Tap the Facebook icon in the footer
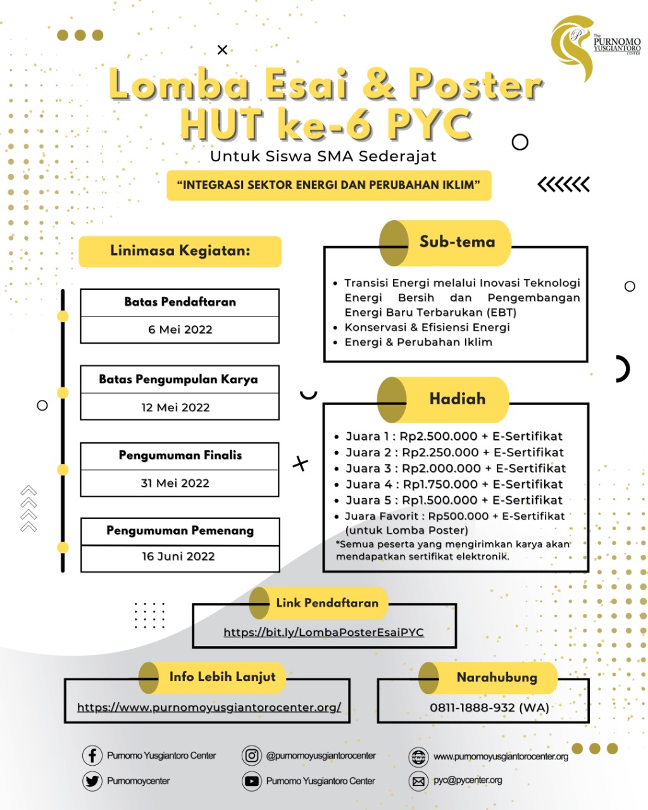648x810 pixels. [x=92, y=756]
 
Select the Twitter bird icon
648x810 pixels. [x=92, y=781]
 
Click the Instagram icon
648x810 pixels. [x=251, y=756]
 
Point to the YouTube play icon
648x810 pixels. [x=251, y=781]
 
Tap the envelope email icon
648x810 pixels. [x=418, y=782]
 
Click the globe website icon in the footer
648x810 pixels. [x=418, y=757]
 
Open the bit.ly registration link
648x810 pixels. [x=324, y=632]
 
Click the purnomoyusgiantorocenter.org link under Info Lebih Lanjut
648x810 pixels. [x=209, y=707]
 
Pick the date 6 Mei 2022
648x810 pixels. [x=180, y=330]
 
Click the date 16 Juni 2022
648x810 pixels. [x=178, y=556]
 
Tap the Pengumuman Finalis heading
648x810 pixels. [x=180, y=456]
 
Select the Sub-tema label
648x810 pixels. [x=458, y=242]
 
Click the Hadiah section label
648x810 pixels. [x=458, y=399]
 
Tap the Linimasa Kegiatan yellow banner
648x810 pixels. [x=180, y=251]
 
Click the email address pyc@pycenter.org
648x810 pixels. [x=468, y=780]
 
